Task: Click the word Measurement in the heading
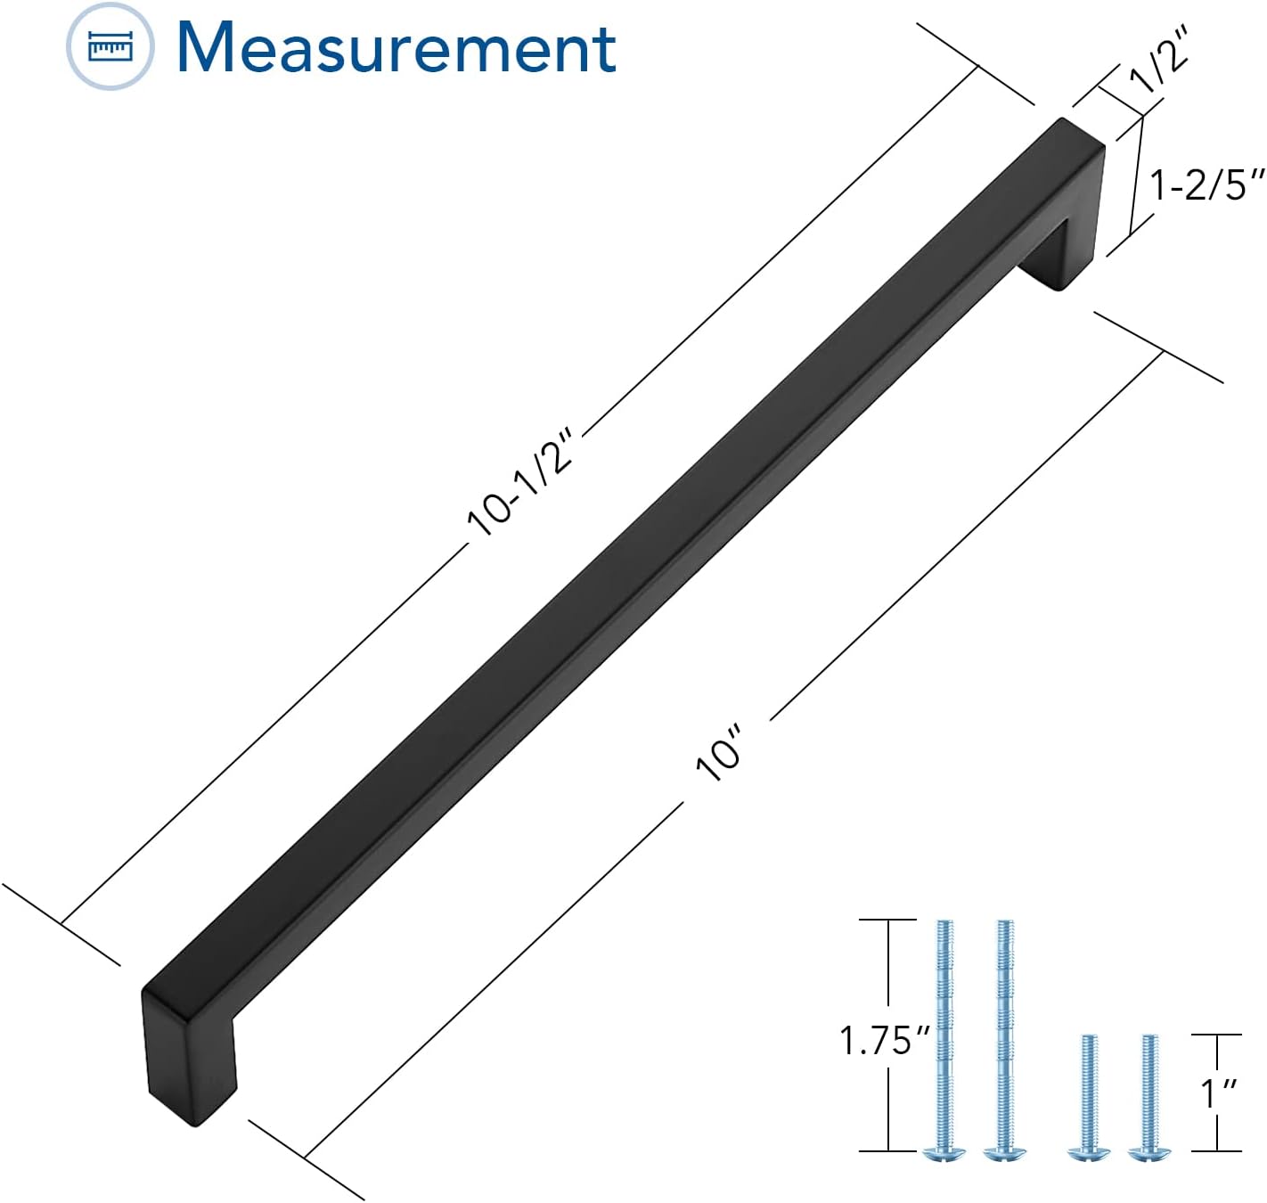(396, 48)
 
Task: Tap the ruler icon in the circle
(110, 46)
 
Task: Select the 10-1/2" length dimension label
(520, 479)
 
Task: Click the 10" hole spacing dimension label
(719, 752)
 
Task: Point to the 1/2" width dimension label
(1158, 59)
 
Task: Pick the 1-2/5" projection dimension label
(1207, 185)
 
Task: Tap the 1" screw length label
(1218, 1093)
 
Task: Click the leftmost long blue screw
(944, 1041)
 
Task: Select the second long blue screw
(1005, 1041)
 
